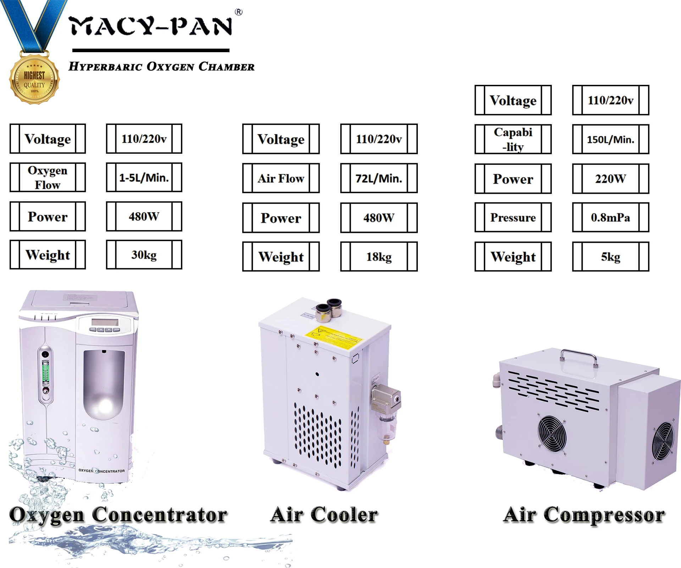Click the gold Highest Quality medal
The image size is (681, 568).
[34, 80]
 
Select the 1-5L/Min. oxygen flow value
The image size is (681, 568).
[144, 177]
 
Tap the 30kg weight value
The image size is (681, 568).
[144, 255]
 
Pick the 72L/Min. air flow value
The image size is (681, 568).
[379, 178]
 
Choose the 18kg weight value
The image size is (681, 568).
[379, 257]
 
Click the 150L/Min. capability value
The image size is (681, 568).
[610, 139]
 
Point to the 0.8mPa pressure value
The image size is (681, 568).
[610, 217]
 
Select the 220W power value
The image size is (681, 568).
[610, 179]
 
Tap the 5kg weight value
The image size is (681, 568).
[610, 257]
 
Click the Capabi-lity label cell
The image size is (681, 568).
[513, 139]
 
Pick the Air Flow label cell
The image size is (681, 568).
[281, 178]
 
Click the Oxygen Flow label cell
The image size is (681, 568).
[48, 177]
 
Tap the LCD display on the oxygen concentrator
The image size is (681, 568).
[104, 322]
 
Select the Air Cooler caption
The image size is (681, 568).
[324, 515]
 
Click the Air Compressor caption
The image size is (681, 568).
[584, 515]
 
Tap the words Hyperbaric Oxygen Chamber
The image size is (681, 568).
[161, 66]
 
